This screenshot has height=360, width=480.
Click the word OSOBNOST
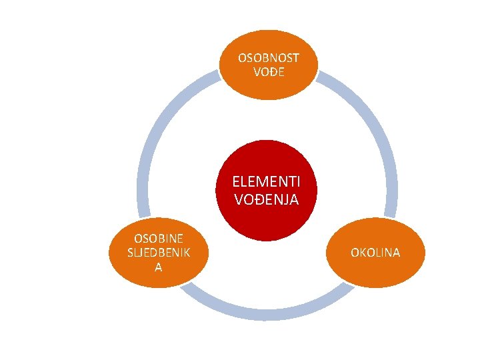coord(269,58)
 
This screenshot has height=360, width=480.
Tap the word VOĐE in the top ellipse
coord(269,72)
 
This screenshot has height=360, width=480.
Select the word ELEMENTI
coord(266,181)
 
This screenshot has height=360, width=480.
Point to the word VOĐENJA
coord(266,199)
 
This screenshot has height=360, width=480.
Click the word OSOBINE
coord(159,238)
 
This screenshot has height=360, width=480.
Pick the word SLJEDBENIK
coord(159,252)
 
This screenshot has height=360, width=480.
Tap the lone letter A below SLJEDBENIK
coord(159,266)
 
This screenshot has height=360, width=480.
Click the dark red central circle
coord(266,160)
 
